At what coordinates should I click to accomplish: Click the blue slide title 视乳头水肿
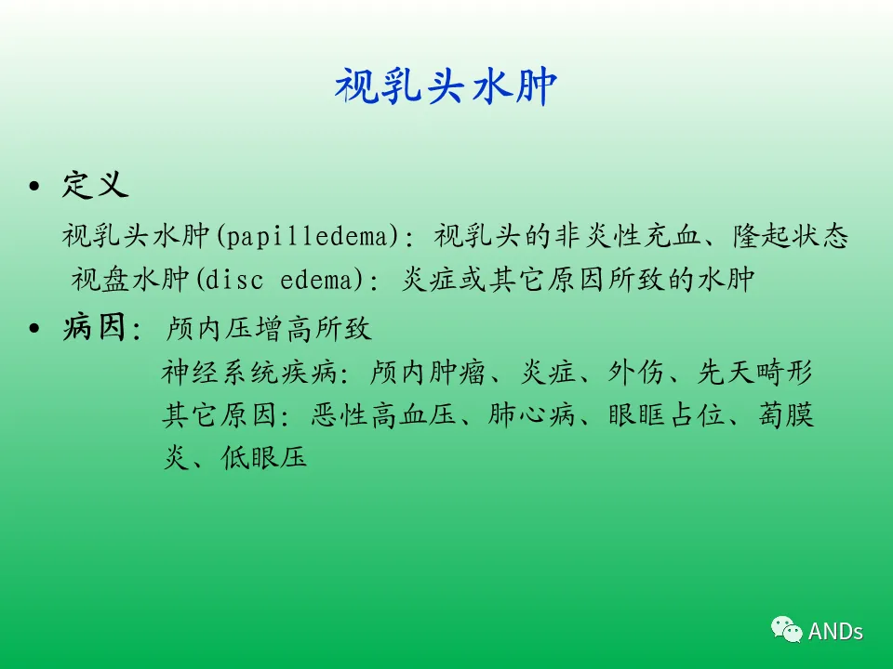[446, 85]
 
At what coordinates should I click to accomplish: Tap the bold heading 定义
[95, 184]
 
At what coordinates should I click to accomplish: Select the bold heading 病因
[94, 327]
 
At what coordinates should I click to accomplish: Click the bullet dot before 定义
[34, 186]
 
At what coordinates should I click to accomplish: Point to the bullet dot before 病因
[34, 328]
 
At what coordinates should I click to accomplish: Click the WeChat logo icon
[787, 629]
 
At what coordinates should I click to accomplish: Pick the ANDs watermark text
[835, 632]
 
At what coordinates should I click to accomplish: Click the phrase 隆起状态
[791, 236]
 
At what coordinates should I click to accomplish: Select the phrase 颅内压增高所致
[268, 328]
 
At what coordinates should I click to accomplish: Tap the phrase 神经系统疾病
[248, 372]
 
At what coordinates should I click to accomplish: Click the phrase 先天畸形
[755, 372]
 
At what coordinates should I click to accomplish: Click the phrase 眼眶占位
[666, 414]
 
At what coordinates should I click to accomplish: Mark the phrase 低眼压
[264, 457]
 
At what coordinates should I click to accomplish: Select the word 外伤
[636, 372]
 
